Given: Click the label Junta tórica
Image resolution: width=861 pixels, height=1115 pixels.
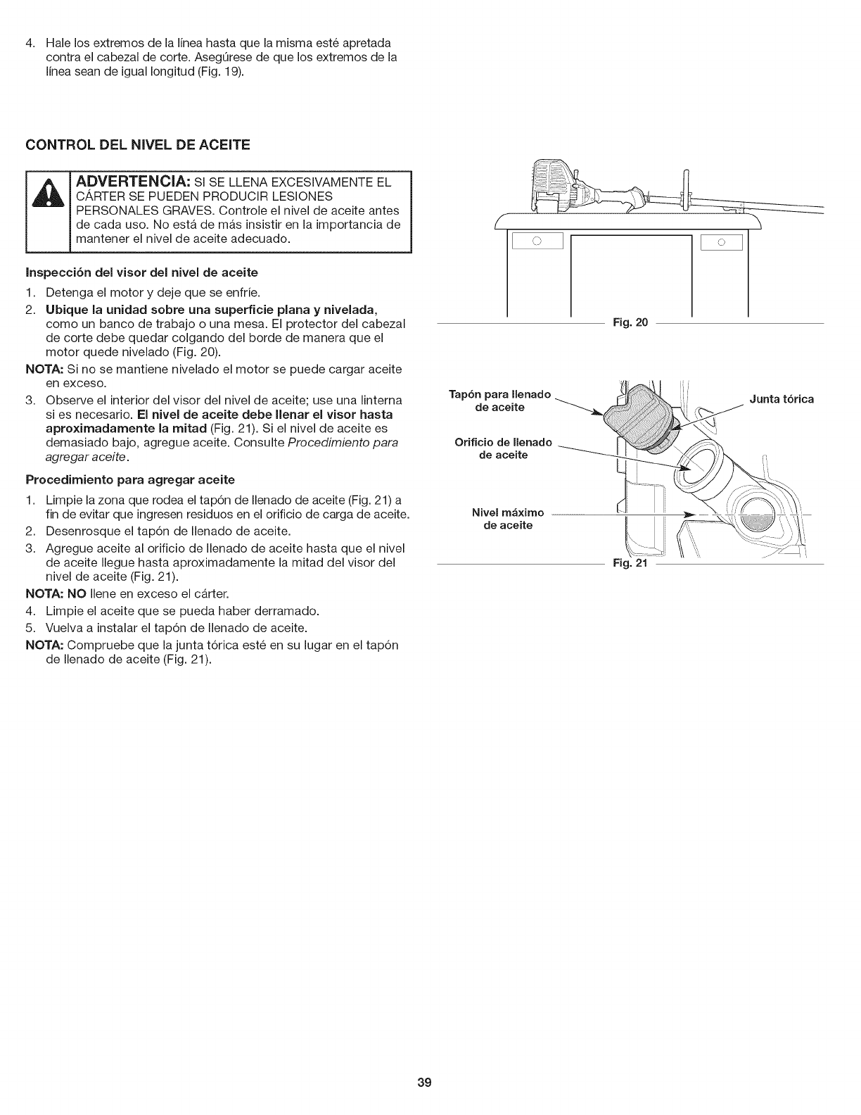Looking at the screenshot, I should click(x=781, y=399).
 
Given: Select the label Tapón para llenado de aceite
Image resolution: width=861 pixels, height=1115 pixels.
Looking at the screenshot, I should click(x=500, y=401).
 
